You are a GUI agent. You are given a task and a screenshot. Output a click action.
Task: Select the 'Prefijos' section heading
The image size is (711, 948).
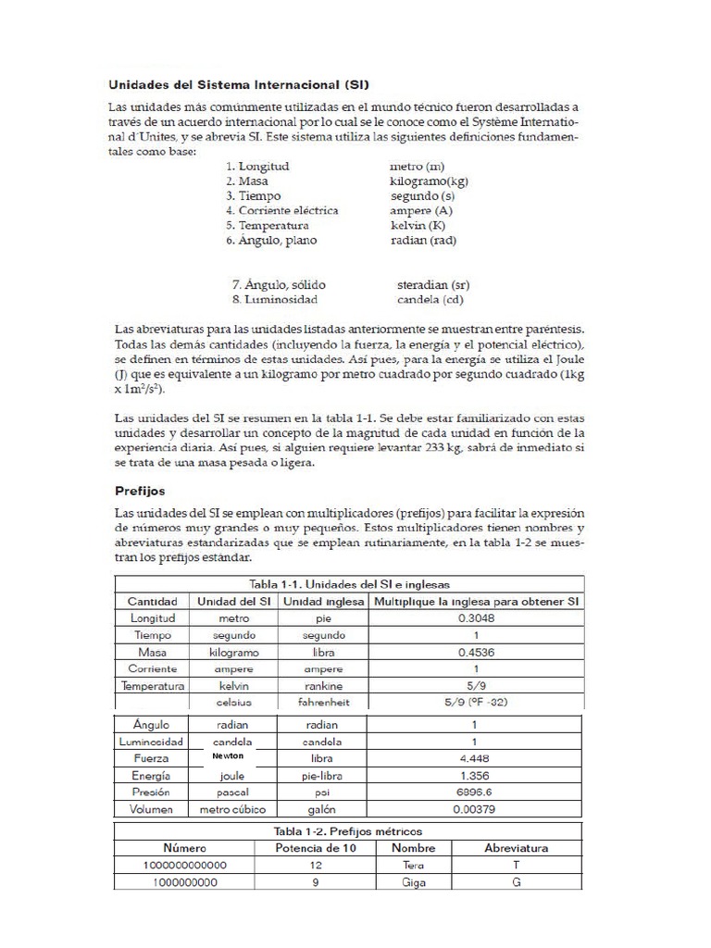pos(140,490)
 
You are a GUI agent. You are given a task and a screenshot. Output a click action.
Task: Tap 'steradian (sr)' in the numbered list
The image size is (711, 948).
pos(432,285)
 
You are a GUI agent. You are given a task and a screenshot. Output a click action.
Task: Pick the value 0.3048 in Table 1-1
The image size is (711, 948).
pos(475,618)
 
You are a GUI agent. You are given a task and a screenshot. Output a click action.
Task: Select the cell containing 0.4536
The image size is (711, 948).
pos(475,652)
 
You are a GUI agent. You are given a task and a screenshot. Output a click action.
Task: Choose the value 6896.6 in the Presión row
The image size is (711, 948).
pos(475,793)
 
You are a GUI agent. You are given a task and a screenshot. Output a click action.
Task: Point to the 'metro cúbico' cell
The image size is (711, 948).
pos(232,810)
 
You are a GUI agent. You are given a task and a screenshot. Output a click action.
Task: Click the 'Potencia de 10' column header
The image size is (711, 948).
pos(314,847)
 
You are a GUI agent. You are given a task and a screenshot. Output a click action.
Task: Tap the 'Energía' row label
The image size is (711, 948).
pos(152,776)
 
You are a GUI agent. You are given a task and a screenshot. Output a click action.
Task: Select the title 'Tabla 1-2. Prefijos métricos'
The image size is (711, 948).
pos(348,829)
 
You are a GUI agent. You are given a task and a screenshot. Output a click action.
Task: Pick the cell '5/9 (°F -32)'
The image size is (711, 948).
pos(475,703)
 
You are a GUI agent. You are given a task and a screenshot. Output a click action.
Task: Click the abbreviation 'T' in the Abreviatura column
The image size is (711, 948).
pos(517,865)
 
